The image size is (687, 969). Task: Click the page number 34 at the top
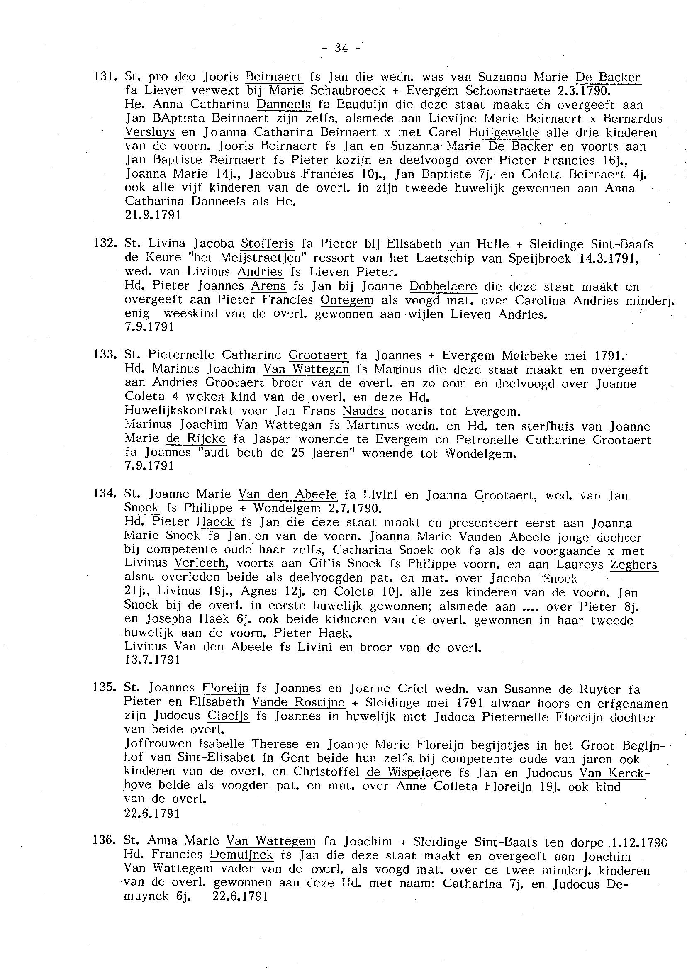coord(341,48)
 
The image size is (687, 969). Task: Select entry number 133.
coord(105,355)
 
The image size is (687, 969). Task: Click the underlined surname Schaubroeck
coord(348,91)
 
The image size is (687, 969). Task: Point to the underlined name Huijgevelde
coord(504,132)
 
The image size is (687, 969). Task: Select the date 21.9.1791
coord(153,215)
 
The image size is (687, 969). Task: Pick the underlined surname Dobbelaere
coord(443,286)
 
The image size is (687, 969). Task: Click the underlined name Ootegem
coord(347,300)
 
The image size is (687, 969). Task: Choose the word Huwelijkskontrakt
coord(179,411)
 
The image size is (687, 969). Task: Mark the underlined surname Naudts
coord(363,411)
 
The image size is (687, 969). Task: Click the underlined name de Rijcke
coord(196,439)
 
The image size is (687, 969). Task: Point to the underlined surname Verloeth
coord(200,564)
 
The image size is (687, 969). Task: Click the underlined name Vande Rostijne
coord(298,702)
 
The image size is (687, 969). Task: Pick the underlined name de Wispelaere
coord(409,772)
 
